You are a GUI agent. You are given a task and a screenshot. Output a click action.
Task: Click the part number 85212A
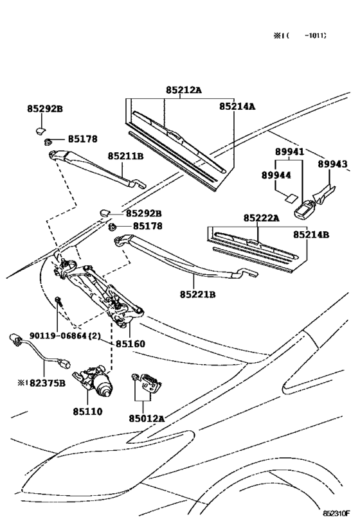[184, 90]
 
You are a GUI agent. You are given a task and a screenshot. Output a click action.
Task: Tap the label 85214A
[237, 107]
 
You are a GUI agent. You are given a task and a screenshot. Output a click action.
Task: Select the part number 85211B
[125, 156]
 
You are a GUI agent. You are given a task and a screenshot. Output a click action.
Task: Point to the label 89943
[332, 164]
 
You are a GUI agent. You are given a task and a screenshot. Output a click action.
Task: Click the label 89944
[276, 175]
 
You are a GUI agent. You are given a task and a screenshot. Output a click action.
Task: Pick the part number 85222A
[261, 218]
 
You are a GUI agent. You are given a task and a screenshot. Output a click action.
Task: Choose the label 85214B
[311, 234]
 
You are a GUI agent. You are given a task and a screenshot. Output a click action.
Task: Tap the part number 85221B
[197, 295]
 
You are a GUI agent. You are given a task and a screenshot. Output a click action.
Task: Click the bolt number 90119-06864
[58, 335]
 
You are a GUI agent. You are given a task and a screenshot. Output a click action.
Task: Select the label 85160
[130, 344]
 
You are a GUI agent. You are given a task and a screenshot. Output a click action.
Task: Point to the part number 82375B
[48, 383]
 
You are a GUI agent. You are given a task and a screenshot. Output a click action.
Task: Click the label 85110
[87, 411]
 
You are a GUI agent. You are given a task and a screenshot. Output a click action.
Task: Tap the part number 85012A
[147, 418]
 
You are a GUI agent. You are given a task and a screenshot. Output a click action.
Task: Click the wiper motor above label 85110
[93, 381]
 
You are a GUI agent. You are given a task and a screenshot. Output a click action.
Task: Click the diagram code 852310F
[336, 514]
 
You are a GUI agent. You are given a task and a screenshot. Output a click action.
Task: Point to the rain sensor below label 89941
[304, 209]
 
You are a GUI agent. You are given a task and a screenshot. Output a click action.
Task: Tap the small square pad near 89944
[291, 198]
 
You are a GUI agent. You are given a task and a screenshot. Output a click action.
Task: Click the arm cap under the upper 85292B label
[40, 130]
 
